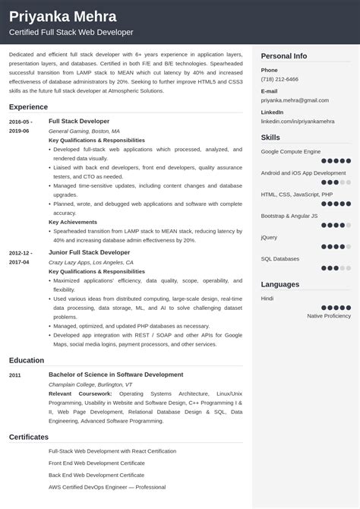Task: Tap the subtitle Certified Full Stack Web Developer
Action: point(71,32)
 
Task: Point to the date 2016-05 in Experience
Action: point(21,121)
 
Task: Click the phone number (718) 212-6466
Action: point(279,78)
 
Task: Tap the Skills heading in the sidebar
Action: point(270,138)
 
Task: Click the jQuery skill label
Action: point(270,237)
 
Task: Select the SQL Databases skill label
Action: point(281,258)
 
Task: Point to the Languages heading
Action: point(280,284)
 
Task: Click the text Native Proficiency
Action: point(329,315)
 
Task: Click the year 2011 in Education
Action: point(16,375)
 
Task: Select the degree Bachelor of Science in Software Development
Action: point(115,375)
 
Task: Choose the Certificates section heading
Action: point(29,437)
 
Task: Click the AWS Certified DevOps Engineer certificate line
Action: point(106,486)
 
